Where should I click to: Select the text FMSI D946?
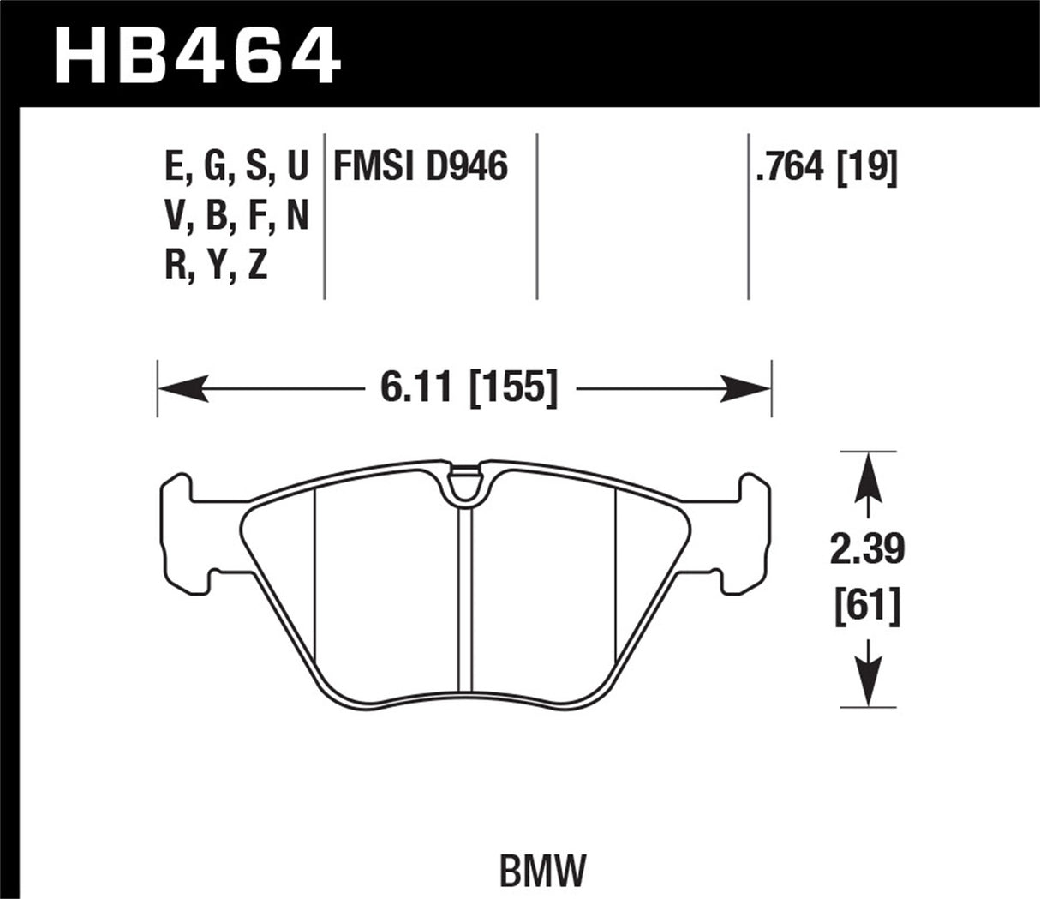(420, 166)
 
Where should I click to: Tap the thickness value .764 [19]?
(826, 167)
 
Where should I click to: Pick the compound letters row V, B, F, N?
(236, 218)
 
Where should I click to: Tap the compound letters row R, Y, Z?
(216, 267)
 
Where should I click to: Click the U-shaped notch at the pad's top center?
(465, 486)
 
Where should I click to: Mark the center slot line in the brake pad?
(465, 600)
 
